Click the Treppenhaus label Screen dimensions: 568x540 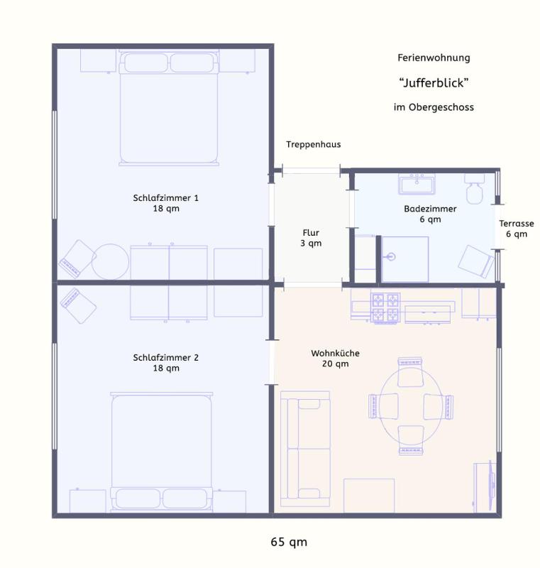pos(313,144)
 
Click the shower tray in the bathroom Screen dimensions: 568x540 pos(404,258)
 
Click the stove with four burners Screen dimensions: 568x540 pos(386,308)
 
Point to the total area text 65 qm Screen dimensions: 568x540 pos(289,542)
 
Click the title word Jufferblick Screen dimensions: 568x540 pos(434,83)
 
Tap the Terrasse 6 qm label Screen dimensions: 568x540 pos(516,229)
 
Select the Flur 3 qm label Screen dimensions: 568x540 pos(311,238)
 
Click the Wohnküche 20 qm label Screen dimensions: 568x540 pos(335,359)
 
